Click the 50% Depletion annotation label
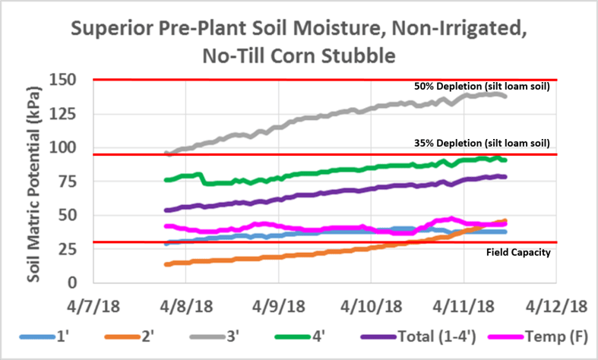[482, 87]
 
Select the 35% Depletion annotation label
[482, 142]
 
